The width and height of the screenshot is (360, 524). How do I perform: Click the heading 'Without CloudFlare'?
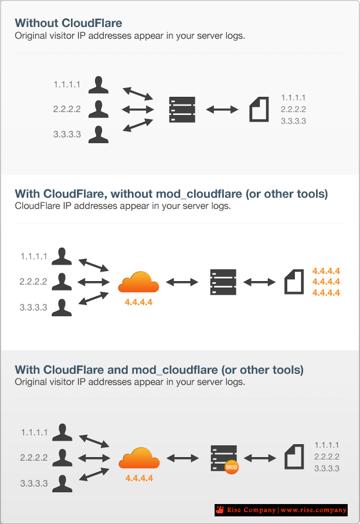(68, 23)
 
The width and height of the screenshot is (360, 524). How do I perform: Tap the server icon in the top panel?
(182, 109)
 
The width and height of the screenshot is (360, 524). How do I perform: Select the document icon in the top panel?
(259, 109)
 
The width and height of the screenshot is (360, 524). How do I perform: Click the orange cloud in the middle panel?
(138, 282)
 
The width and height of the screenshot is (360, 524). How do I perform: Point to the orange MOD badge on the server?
(231, 468)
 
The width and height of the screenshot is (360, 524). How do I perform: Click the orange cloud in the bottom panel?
(139, 458)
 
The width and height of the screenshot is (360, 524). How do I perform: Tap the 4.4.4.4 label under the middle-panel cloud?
(139, 302)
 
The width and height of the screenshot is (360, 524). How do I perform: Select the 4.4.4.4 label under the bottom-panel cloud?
(139, 478)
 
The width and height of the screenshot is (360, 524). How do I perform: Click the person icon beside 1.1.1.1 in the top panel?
(99, 84)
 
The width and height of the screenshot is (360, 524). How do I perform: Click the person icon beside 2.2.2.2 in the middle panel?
(62, 282)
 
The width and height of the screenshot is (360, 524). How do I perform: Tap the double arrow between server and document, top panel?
(222, 109)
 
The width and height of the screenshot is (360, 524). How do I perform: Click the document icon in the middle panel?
(294, 282)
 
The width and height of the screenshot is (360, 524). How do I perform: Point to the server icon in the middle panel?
(223, 282)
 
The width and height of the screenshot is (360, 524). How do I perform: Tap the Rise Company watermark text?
(280, 510)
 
